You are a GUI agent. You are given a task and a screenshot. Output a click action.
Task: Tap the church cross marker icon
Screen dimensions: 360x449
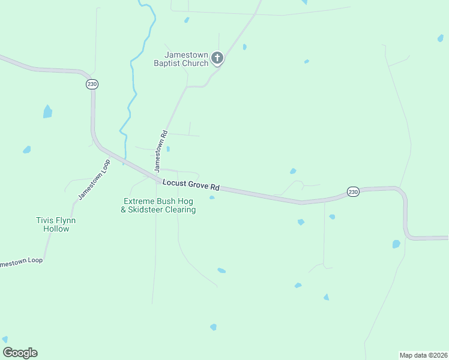[x=217, y=58]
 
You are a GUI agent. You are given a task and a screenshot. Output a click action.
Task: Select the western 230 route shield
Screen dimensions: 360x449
[x=92, y=85]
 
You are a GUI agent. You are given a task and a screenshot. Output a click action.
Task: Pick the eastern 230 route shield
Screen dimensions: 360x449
[x=353, y=192]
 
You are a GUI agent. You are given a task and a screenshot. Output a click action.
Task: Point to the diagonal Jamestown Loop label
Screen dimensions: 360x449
[x=94, y=179]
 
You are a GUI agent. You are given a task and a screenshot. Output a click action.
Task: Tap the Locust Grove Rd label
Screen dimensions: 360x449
[x=191, y=184]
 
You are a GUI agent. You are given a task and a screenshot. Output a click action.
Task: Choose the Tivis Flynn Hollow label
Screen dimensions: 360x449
[x=56, y=224]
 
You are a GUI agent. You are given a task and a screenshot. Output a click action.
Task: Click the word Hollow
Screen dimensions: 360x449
[x=56, y=229]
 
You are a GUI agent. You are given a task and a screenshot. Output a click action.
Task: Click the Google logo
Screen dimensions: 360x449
[x=20, y=353]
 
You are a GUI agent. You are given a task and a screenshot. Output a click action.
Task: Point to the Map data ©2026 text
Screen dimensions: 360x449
[x=423, y=355]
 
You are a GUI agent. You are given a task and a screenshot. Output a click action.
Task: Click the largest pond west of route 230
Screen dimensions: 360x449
[x=47, y=112]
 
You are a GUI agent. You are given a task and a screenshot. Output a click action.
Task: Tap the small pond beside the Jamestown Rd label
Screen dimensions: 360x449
[x=168, y=149]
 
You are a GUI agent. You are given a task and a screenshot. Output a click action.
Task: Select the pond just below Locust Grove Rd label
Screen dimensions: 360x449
[x=212, y=197]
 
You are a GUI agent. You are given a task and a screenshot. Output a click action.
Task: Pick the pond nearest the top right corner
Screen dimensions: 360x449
[x=441, y=38]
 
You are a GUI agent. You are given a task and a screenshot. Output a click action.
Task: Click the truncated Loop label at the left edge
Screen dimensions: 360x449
[x=22, y=263]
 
